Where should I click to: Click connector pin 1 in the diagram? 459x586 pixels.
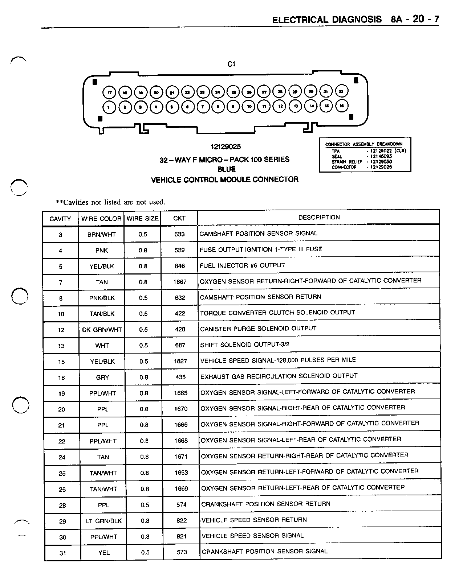coord(109,107)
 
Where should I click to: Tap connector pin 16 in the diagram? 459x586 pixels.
coord(342,106)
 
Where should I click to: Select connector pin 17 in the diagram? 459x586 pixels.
coord(109,92)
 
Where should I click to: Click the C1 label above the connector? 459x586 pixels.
coord(231,64)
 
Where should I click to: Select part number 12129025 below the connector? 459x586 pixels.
coord(225,147)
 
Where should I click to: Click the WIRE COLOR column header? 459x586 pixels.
coord(101,219)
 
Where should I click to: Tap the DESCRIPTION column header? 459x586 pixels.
coord(319,217)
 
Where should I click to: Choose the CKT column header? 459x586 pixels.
coord(179,218)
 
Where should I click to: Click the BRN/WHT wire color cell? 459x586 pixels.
coord(102,235)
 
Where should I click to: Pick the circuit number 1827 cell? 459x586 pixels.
coord(180,361)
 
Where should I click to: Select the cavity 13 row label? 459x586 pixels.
coord(61,346)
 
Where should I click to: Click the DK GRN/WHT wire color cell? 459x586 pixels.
coord(102,330)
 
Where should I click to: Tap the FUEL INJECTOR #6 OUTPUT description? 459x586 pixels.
coord(242,265)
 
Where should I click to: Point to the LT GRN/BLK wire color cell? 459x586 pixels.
coord(104,521)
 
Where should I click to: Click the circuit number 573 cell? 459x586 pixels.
coord(182,552)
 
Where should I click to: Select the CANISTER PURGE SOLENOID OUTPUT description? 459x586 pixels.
coord(258,329)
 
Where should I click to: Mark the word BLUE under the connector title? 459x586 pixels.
coord(226,169)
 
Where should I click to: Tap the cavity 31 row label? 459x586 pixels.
coord(63,553)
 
